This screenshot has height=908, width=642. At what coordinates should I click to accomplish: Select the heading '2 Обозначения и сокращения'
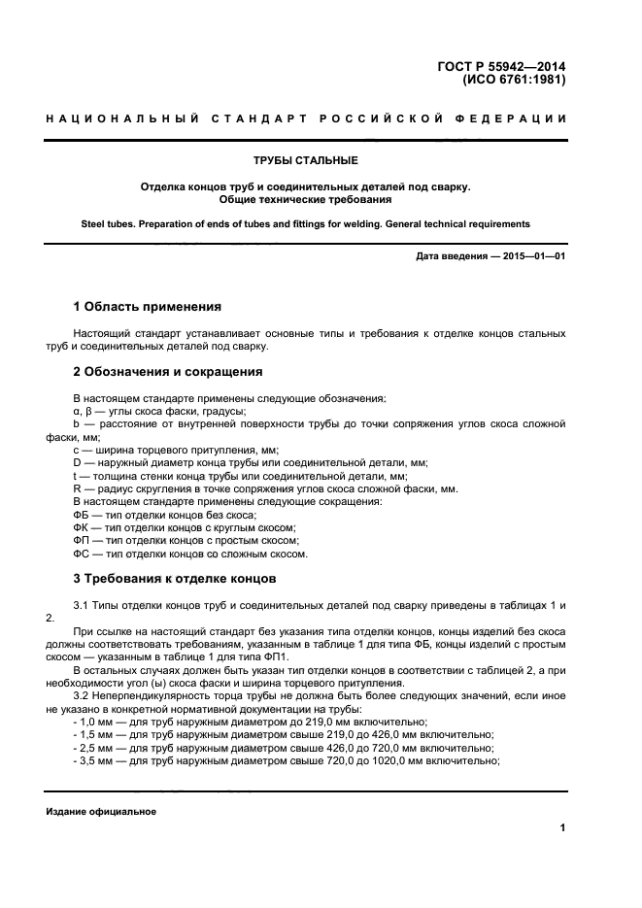(x=167, y=372)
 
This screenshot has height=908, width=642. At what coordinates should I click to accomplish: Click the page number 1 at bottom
(x=562, y=827)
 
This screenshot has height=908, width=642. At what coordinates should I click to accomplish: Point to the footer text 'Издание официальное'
(x=101, y=811)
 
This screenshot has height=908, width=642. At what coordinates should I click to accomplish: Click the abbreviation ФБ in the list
(x=82, y=514)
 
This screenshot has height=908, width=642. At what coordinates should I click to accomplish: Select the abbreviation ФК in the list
(x=82, y=527)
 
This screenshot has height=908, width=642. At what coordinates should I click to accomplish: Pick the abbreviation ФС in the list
(x=82, y=554)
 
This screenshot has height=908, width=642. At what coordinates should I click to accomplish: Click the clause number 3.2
(x=83, y=695)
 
